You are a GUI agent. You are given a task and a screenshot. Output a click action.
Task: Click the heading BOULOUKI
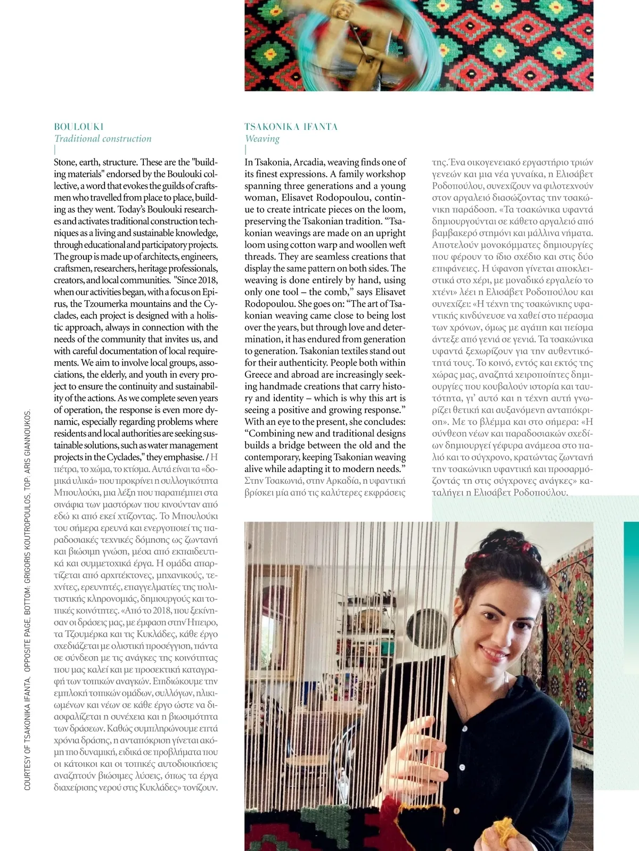click(x=79, y=127)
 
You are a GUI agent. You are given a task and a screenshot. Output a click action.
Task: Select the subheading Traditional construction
click(x=103, y=139)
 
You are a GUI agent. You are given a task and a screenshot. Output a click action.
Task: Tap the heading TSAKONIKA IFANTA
click(x=291, y=127)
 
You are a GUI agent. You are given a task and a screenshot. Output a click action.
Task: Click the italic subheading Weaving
click(x=262, y=139)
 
